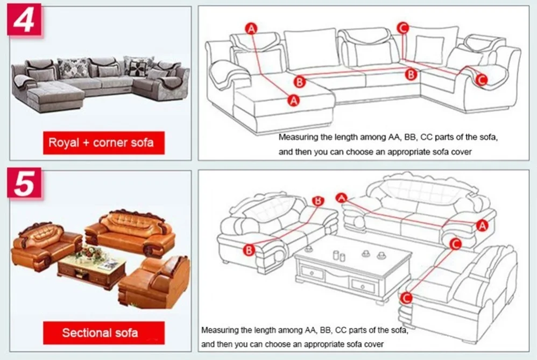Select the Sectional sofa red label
pyautogui.click(x=100, y=333)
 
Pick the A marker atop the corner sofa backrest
pyautogui.click(x=251, y=29)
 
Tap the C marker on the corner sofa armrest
pyautogui.click(x=482, y=80)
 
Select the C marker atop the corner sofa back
pyautogui.click(x=403, y=27)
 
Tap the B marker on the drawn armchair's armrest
pyautogui.click(x=249, y=250)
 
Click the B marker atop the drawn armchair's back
pyautogui.click(x=319, y=201)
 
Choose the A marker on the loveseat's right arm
pyautogui.click(x=482, y=225)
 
